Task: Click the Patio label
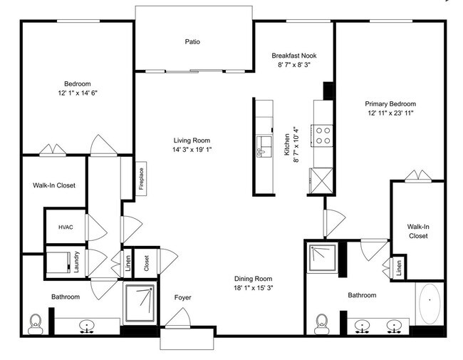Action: [x=192, y=42]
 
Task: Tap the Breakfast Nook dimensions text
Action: [x=294, y=65]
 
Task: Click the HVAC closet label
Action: [x=66, y=227]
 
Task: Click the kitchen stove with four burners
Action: [x=324, y=135]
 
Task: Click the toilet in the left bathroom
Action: [x=36, y=324]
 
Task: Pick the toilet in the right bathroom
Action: [x=321, y=323]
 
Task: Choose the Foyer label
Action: [x=182, y=297]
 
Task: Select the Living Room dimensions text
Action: [x=192, y=150]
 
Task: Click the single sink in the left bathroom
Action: [x=88, y=326]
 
